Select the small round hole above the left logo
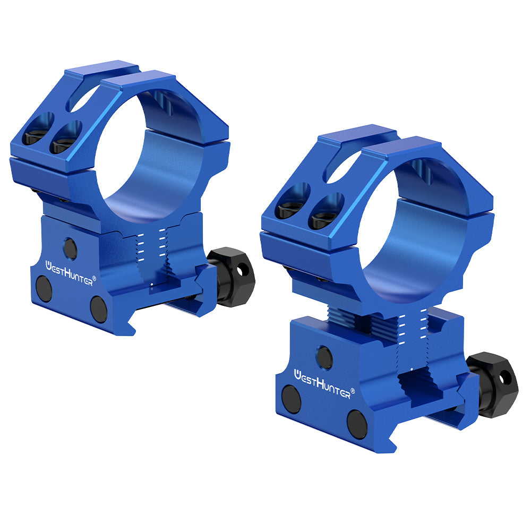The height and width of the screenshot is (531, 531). tap(70, 246)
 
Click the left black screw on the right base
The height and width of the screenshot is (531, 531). tap(292, 399)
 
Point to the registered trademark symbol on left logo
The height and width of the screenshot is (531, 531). tap(95, 277)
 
